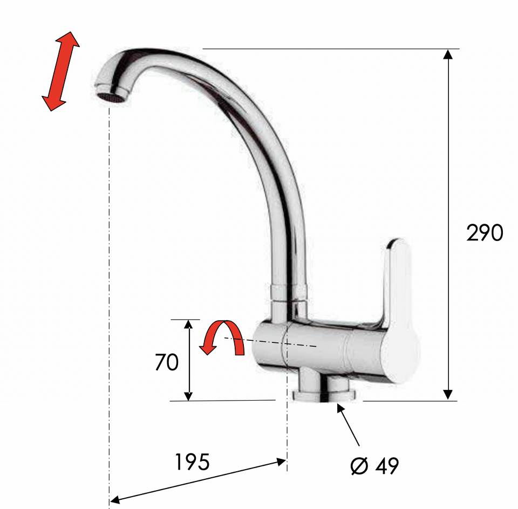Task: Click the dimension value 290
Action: click(x=485, y=233)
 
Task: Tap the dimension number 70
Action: click(x=167, y=362)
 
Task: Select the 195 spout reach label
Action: click(x=192, y=462)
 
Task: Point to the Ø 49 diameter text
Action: click(x=374, y=466)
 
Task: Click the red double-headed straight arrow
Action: click(x=60, y=71)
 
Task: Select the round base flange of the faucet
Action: click(x=324, y=396)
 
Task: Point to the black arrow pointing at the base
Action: click(x=348, y=425)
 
